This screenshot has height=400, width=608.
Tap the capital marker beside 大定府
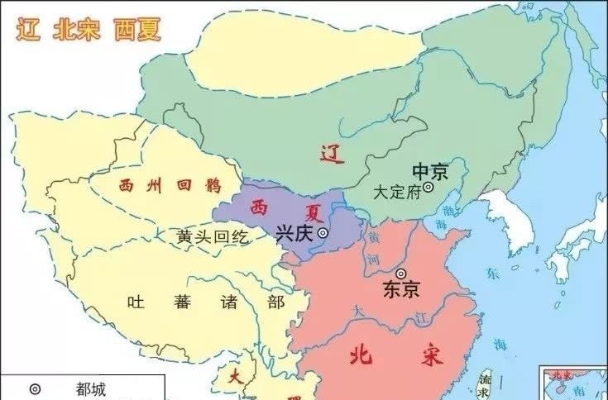point(428,188)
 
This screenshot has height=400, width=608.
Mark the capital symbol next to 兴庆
point(323,234)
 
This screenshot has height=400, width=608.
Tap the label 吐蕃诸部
point(205,302)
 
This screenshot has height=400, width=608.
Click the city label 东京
point(401,289)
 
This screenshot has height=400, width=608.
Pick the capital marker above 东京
point(401,273)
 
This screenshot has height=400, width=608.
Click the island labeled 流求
point(486,382)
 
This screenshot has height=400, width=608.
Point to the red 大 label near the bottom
point(236,376)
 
